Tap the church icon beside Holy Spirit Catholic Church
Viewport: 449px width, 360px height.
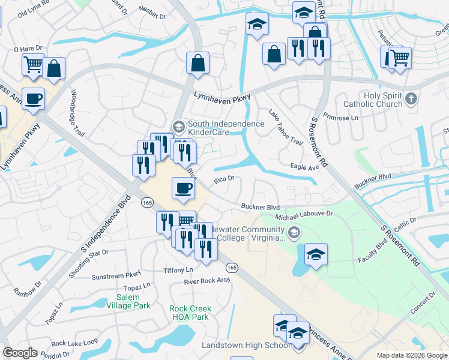click(411, 98)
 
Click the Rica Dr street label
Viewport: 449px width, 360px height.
click(223, 178)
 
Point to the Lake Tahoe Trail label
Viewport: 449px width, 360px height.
click(285, 128)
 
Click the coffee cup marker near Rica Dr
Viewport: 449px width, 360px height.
click(184, 189)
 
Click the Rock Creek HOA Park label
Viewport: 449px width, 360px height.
click(190, 313)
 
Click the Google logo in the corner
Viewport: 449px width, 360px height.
click(20, 353)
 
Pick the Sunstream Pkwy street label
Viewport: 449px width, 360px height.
click(116, 277)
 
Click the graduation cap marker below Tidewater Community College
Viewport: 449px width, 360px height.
click(316, 254)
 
